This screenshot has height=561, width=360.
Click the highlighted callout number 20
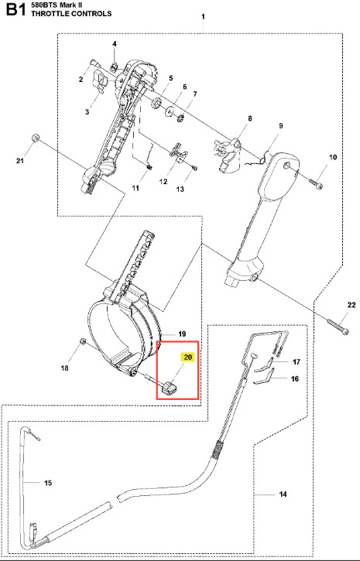coord(188,357)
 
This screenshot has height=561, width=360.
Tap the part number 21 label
coord(20,161)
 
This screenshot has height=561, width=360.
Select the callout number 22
coord(351,305)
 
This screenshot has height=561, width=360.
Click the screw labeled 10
coord(317,183)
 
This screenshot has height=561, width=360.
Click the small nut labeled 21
coord(35,138)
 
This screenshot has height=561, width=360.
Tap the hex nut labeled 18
coord(82,342)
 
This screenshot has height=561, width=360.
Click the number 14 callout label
coord(283,494)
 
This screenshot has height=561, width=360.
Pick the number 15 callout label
coord(48,483)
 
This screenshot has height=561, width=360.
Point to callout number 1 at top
coord(203,17)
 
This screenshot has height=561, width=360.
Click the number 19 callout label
coord(182,334)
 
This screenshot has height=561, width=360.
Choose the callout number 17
coord(297,362)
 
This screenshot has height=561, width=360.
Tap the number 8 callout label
coord(250,118)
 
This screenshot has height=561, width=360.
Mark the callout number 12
coord(163,182)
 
